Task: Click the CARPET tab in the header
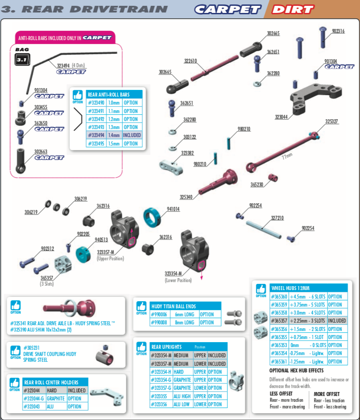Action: point(227,9)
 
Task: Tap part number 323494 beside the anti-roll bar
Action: point(63,65)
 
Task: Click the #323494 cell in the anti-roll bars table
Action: point(96,135)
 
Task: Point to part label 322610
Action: point(190,61)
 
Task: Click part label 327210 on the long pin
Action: point(277,218)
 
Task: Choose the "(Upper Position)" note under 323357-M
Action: point(110,258)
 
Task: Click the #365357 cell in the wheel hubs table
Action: point(279,321)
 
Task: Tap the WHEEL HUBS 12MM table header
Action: point(290,288)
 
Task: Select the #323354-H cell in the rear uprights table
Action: point(161,372)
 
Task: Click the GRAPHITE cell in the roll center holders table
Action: point(56,398)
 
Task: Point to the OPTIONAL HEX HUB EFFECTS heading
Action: point(296,370)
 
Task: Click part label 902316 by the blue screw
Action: point(338,31)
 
